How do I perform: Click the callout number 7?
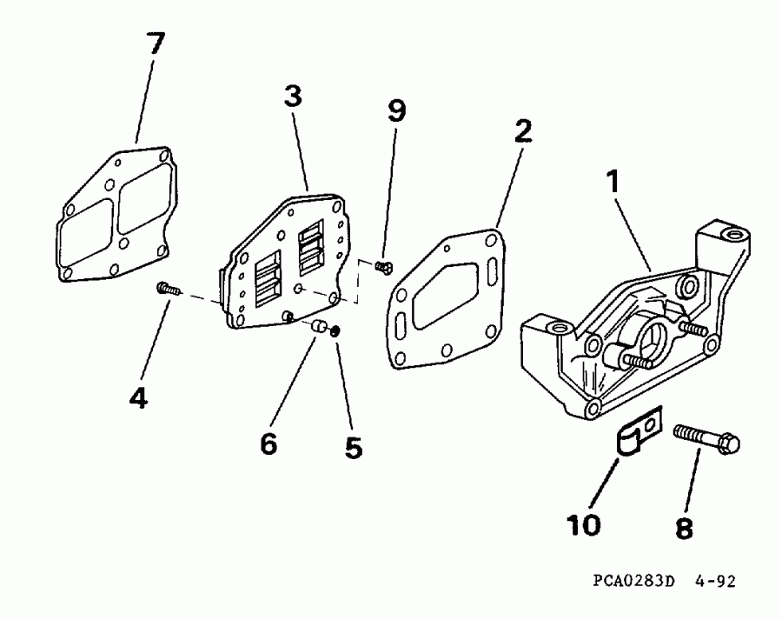(156, 45)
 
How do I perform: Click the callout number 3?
(293, 97)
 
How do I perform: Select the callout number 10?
(584, 524)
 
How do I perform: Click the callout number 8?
(684, 527)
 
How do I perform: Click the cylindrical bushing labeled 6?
(321, 328)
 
